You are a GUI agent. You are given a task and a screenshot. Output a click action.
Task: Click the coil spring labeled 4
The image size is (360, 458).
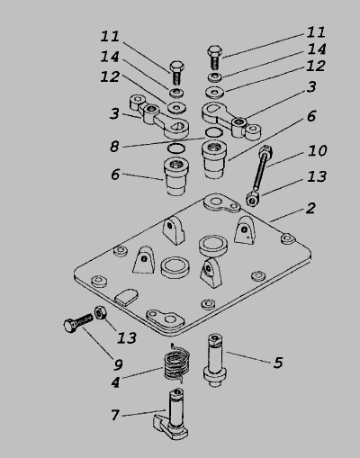[177, 364]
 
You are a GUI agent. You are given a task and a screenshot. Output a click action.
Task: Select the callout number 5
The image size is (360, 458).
[278, 363]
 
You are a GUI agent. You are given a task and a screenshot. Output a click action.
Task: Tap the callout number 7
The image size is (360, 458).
[115, 415]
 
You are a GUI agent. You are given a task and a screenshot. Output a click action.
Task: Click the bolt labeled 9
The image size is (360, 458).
[78, 323]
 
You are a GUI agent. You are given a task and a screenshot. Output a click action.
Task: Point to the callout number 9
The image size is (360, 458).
[118, 364]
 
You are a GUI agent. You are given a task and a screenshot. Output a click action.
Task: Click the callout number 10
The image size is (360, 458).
[317, 150]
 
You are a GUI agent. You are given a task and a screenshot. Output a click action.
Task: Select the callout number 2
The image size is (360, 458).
[310, 208]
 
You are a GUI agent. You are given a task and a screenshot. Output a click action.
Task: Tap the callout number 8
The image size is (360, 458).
[114, 147]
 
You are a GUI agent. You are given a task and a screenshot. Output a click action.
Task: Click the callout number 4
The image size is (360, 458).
[115, 382]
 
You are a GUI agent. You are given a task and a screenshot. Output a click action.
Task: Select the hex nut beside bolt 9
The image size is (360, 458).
[100, 313]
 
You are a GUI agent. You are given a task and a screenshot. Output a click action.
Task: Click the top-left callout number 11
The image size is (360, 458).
[110, 36]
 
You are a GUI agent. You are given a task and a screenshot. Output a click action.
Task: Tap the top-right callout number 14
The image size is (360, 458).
[317, 49]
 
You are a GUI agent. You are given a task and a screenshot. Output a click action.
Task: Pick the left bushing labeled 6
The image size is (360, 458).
[176, 176]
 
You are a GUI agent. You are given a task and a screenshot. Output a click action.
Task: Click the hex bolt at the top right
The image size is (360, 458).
[214, 58]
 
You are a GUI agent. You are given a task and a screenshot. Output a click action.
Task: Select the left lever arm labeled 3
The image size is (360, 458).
[159, 116]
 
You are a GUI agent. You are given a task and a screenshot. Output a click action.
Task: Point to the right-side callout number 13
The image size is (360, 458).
[317, 176]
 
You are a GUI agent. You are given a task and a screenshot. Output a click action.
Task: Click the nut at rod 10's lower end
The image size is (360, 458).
[254, 199]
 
